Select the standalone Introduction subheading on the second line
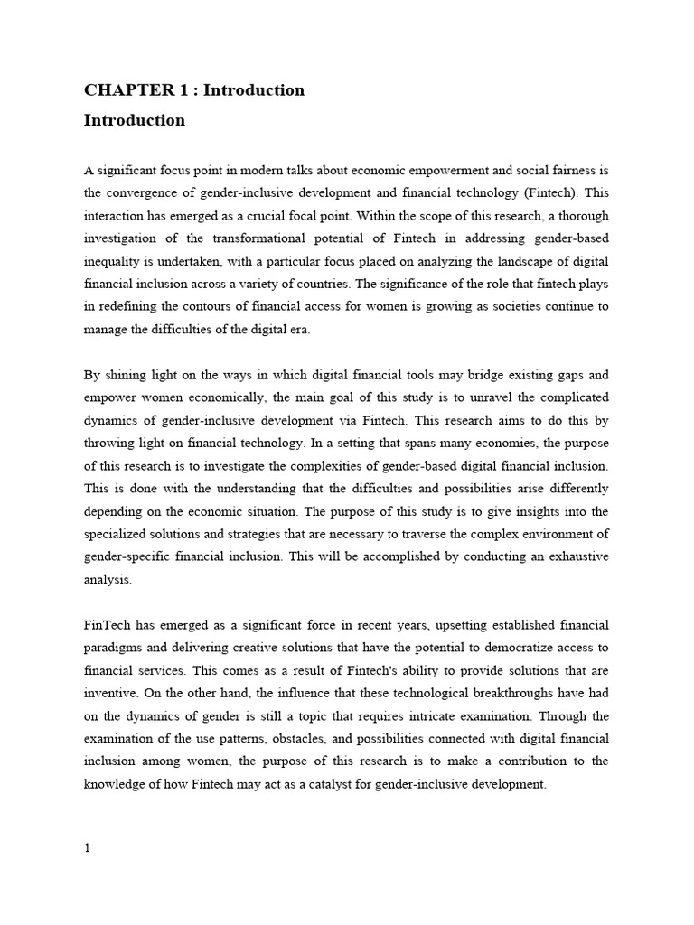(135, 120)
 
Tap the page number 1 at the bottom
(87, 847)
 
